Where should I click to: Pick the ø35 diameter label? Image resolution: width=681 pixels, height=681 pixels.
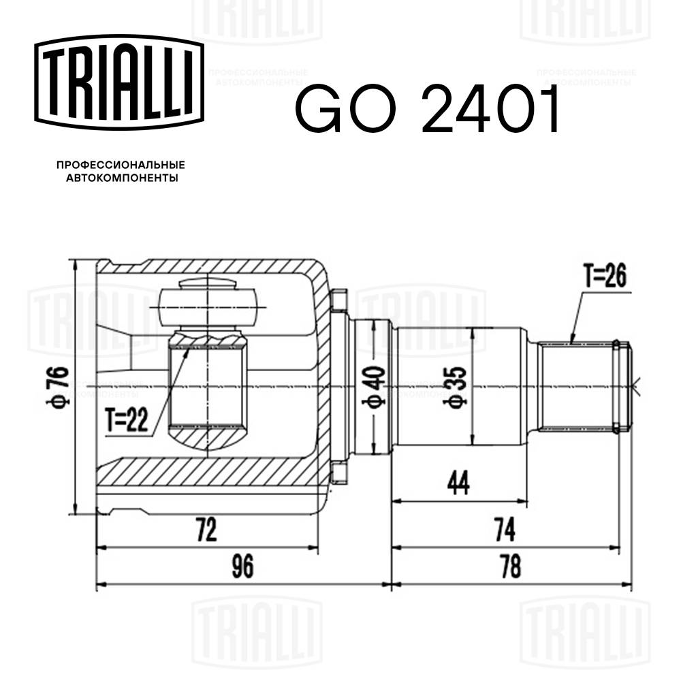click(455, 387)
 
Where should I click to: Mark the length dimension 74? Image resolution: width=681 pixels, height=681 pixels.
click(505, 528)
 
